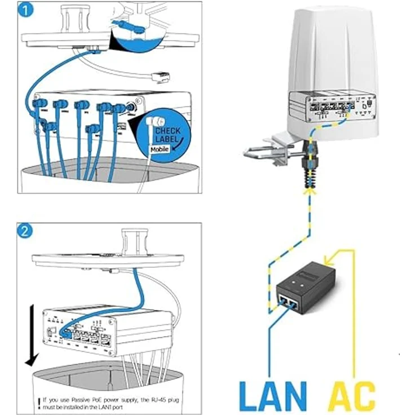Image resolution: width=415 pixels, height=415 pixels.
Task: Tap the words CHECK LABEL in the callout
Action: point(169,135)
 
